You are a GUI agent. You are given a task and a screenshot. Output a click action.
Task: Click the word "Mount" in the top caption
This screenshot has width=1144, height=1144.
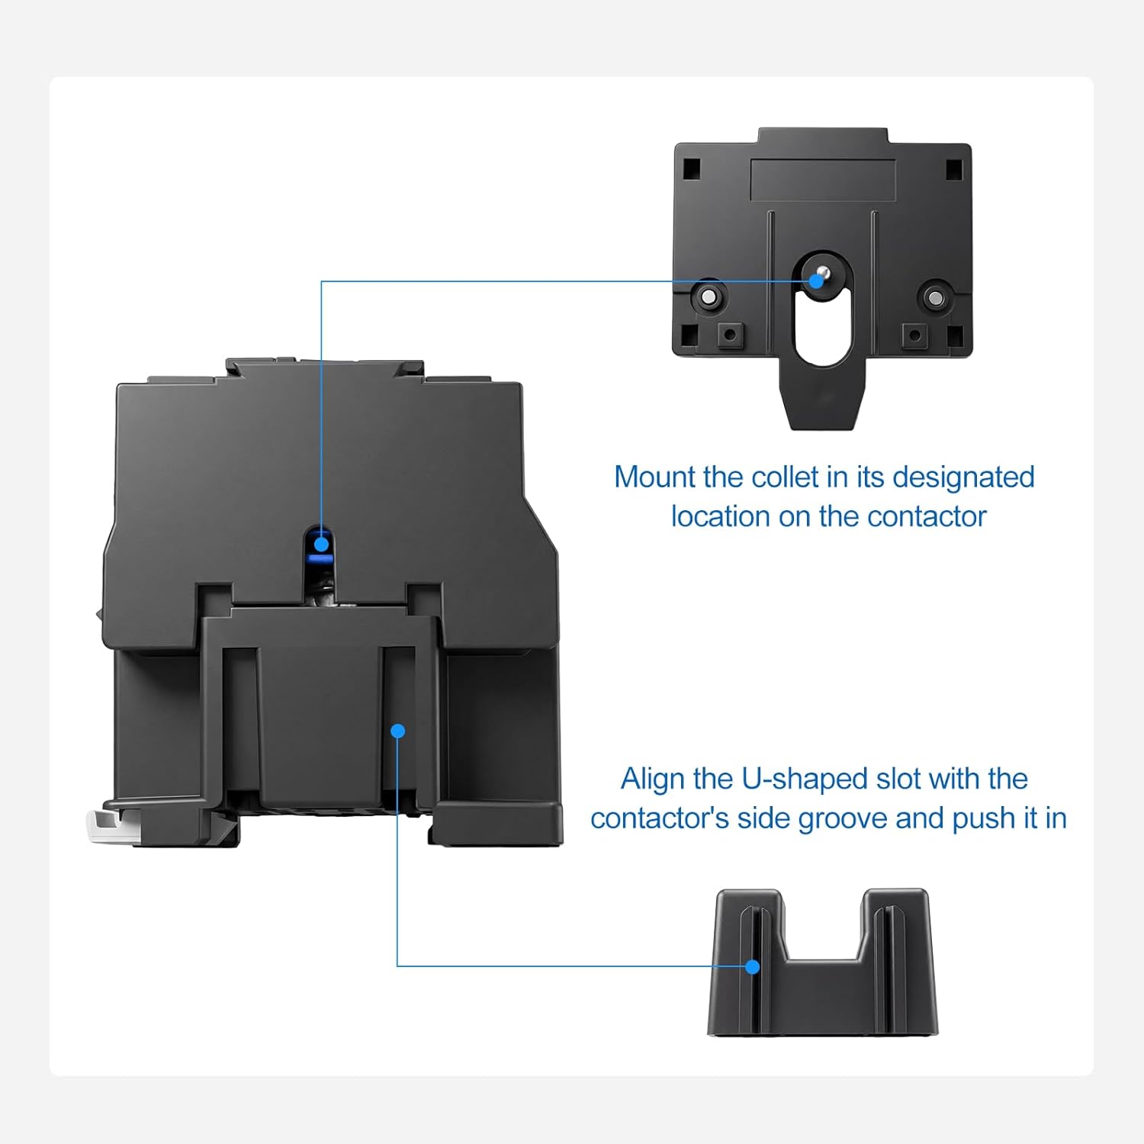(x=655, y=477)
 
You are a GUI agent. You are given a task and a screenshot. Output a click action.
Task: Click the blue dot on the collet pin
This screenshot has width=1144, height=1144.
(x=817, y=280)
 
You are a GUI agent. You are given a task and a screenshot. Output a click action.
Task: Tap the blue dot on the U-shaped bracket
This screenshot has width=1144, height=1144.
(x=753, y=967)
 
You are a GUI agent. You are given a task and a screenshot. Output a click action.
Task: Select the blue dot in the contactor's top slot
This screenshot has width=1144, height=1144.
(x=321, y=544)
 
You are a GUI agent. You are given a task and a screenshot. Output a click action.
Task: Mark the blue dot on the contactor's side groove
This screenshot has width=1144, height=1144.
(x=397, y=731)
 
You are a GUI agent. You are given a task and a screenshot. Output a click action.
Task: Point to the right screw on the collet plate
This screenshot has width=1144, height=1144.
(x=936, y=297)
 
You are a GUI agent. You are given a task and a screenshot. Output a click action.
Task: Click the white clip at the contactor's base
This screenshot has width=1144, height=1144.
(x=101, y=827)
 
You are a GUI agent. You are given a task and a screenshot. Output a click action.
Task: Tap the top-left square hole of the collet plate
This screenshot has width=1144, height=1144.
(x=691, y=169)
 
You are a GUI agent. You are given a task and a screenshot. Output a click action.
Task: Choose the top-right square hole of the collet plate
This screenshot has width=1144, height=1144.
(x=954, y=169)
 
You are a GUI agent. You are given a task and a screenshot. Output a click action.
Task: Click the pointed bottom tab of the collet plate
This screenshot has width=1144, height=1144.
(x=822, y=404)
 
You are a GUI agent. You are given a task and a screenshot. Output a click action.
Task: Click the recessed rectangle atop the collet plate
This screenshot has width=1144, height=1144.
(x=822, y=180)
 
